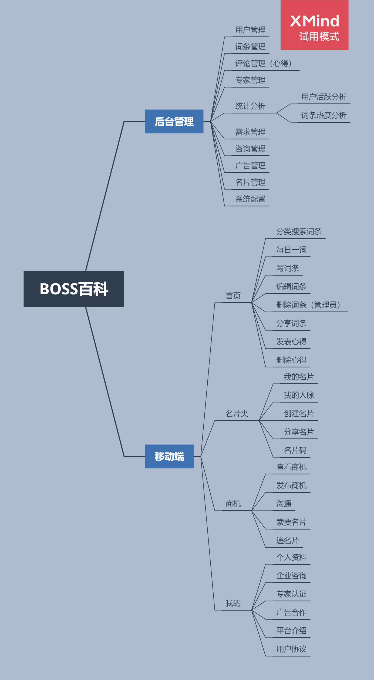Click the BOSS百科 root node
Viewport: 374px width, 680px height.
click(x=74, y=289)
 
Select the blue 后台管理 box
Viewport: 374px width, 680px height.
click(x=174, y=122)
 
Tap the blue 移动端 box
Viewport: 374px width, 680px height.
click(x=169, y=456)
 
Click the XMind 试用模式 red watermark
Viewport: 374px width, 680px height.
click(x=314, y=25)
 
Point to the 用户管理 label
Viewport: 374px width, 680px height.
click(x=250, y=30)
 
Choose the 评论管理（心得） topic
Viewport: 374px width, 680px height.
click(x=263, y=63)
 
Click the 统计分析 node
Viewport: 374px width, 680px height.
click(x=250, y=106)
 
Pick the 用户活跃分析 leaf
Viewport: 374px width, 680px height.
click(x=324, y=97)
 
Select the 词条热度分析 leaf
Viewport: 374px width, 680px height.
click(x=324, y=115)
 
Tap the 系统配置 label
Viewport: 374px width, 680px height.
click(x=250, y=199)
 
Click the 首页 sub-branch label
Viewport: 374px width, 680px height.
click(x=233, y=296)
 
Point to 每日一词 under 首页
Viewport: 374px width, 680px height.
click(x=291, y=250)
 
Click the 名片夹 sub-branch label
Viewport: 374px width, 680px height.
click(x=237, y=414)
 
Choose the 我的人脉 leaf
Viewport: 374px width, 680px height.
click(x=299, y=395)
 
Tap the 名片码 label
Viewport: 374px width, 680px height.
click(x=295, y=450)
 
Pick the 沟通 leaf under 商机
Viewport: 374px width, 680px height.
click(x=284, y=504)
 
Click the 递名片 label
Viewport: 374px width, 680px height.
click(x=288, y=541)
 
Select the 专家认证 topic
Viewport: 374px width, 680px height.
click(x=291, y=594)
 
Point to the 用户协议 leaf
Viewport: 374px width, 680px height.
click(x=291, y=649)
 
